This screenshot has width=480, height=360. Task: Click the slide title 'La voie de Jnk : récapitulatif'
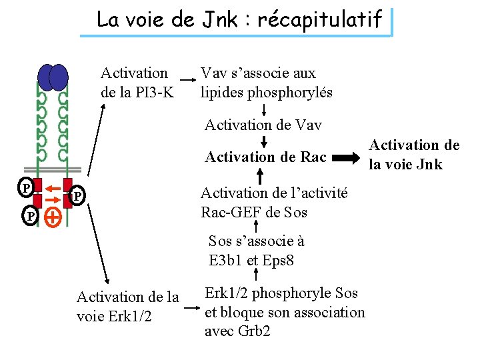click(x=239, y=20)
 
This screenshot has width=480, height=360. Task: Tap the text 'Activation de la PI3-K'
click(x=136, y=82)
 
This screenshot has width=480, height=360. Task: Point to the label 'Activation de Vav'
click(x=263, y=125)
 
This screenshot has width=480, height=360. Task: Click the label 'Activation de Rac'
click(x=265, y=157)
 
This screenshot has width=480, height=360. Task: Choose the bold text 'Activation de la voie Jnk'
click(x=415, y=155)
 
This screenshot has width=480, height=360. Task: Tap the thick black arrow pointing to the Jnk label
click(x=345, y=158)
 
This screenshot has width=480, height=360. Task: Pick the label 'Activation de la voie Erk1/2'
click(x=128, y=306)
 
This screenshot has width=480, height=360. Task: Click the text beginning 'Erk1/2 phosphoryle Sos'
click(x=285, y=311)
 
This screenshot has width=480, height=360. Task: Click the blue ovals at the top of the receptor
click(x=53, y=77)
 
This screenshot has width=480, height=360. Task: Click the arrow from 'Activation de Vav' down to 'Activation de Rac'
click(x=263, y=141)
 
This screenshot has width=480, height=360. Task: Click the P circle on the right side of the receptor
click(x=78, y=196)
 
